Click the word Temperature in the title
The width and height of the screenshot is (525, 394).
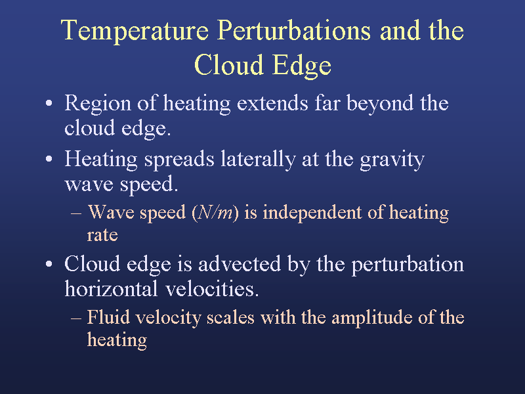click(x=135, y=32)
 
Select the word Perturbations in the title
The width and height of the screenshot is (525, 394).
click(x=294, y=30)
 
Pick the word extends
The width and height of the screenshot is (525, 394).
click(x=272, y=103)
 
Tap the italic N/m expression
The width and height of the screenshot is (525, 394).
click(x=215, y=212)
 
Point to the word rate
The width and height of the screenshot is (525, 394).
click(x=102, y=235)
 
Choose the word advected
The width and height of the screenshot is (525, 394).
click(x=240, y=264)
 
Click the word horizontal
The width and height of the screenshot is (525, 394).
click(x=111, y=289)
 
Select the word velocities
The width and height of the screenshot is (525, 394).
click(x=212, y=289)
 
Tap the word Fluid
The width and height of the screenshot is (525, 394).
click(x=108, y=317)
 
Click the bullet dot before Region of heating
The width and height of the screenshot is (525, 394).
click(x=49, y=103)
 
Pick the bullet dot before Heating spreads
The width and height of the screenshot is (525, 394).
click(x=49, y=159)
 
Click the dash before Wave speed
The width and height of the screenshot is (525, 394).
click(x=76, y=213)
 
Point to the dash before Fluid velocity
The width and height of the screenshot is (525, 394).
click(x=76, y=318)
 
